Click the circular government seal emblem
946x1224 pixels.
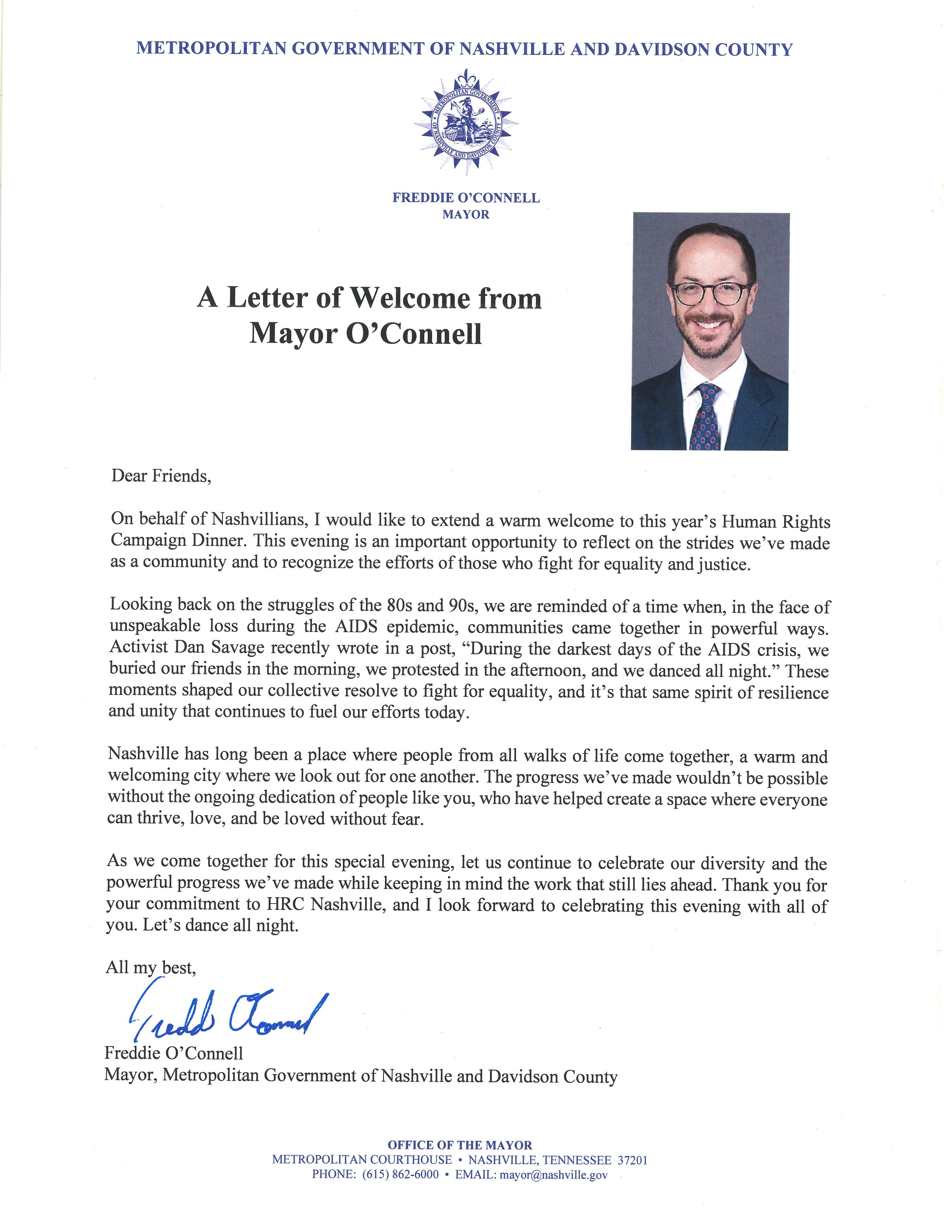point(466,122)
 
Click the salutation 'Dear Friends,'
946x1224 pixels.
point(161,476)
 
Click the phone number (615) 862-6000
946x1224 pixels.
point(400,1175)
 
